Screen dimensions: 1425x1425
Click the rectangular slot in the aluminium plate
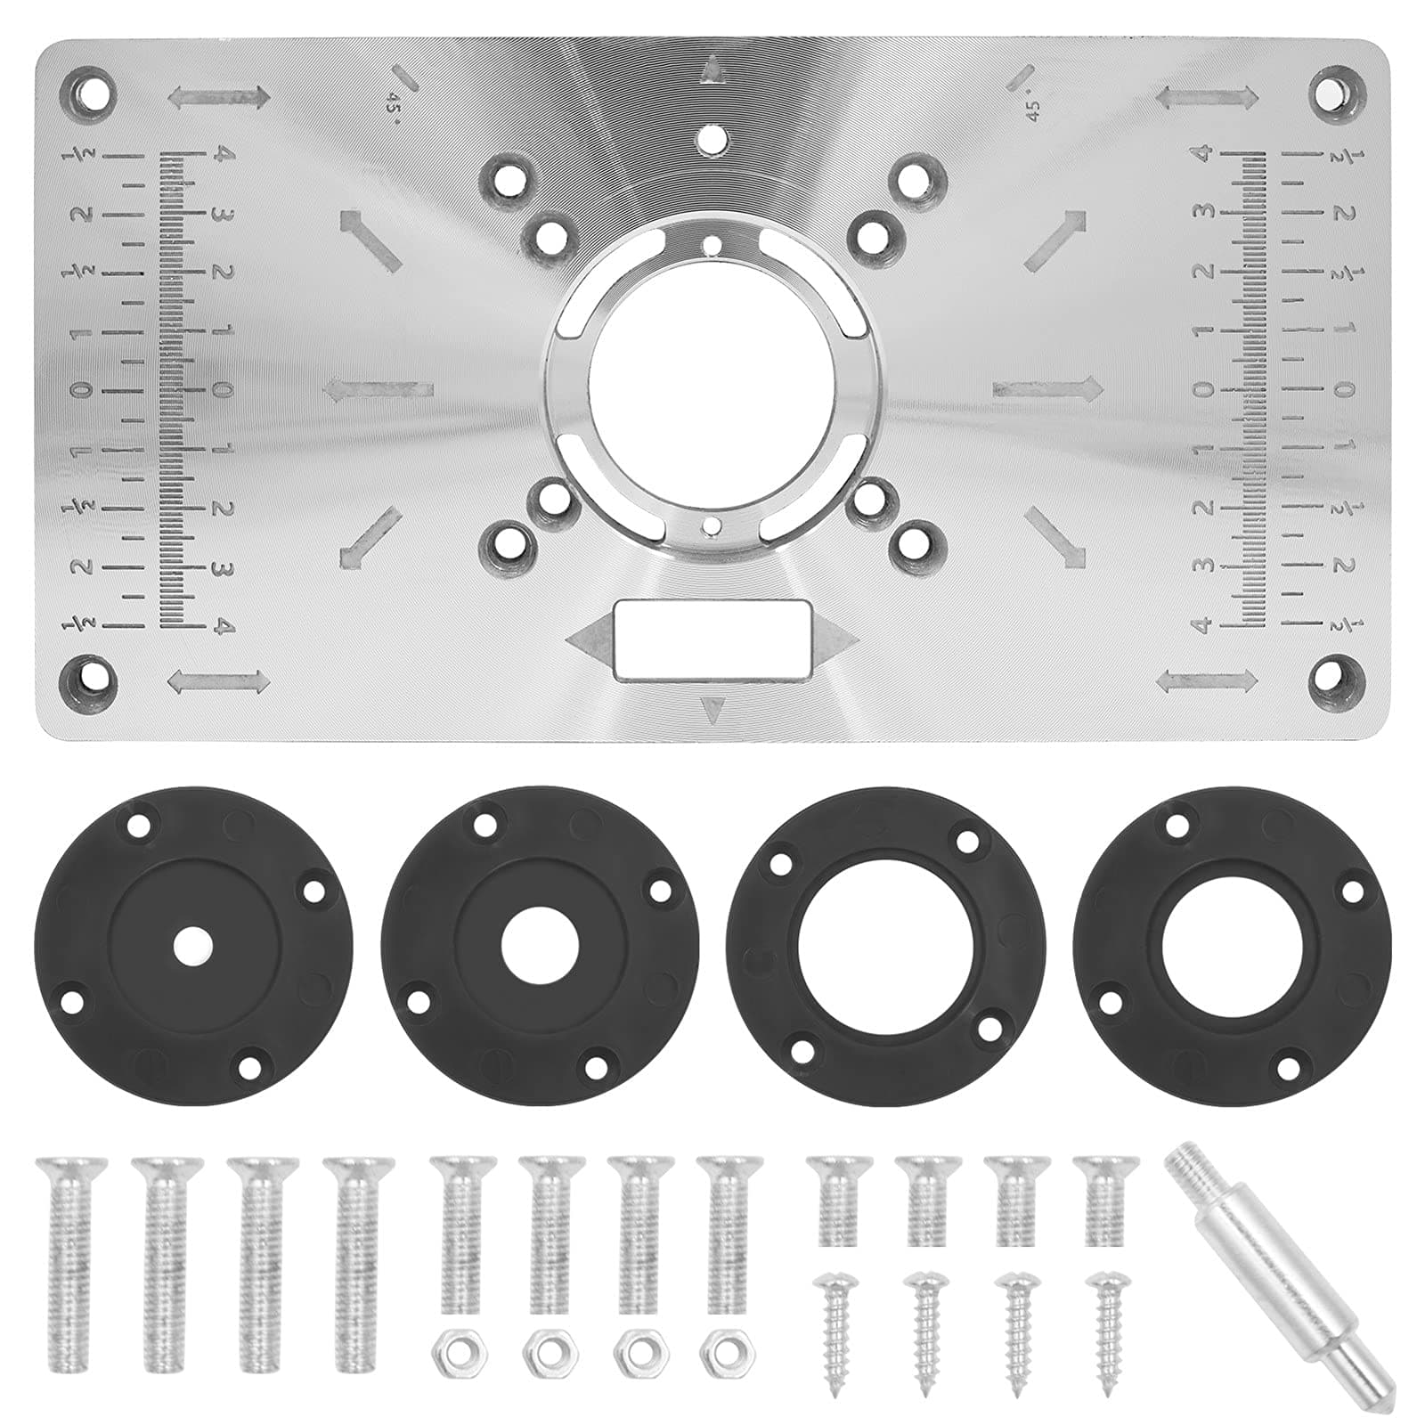click(x=712, y=640)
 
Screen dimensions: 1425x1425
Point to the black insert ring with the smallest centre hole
click(x=194, y=946)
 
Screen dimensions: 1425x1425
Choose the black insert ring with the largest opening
click(x=885, y=946)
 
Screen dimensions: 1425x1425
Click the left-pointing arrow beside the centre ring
click(x=378, y=389)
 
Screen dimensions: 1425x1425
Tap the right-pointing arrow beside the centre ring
click(x=1047, y=387)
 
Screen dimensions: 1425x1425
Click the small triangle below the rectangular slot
click(x=712, y=710)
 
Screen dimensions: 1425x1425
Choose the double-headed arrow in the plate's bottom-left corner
click(x=218, y=682)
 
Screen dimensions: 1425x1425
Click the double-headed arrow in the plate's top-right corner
click(x=1207, y=96)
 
